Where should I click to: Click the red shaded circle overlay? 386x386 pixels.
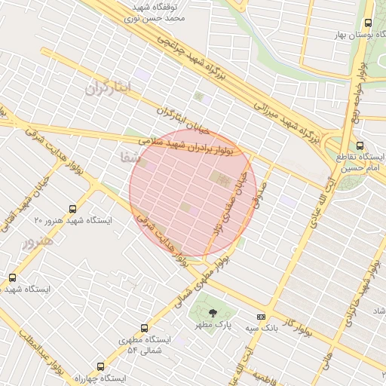pyautogui.click(x=193, y=193)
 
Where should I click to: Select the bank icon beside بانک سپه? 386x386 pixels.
pyautogui.click(x=262, y=317)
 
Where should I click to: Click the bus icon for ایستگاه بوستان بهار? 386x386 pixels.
pyautogui.click(x=368, y=23)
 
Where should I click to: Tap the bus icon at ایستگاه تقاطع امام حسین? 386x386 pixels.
pyautogui.click(x=359, y=146)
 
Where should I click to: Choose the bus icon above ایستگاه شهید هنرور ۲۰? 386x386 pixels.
pyautogui.click(x=72, y=209)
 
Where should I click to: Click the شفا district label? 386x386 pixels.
pyautogui.click(x=130, y=158)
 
